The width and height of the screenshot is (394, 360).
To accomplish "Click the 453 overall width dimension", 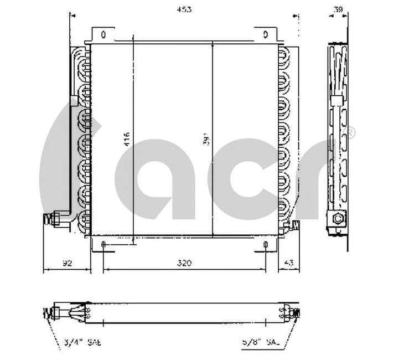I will click(181, 9).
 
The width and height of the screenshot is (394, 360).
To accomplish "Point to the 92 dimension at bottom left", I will click(67, 263).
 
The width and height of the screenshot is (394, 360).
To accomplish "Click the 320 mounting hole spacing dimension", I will click(184, 263).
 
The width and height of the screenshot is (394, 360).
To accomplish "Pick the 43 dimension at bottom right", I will click(288, 263).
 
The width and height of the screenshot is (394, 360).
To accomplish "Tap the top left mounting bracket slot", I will click(103, 35).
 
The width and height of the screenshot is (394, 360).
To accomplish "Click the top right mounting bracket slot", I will click(266, 35).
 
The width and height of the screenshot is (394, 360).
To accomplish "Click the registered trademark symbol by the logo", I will click(350, 133).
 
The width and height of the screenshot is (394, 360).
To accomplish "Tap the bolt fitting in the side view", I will click(337, 219).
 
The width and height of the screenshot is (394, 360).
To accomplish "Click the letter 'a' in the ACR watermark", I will click(166, 177).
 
